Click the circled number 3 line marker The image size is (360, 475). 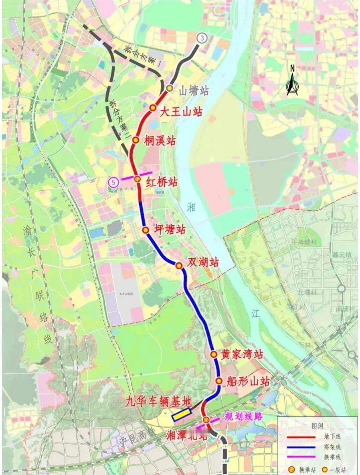(x=202, y=38)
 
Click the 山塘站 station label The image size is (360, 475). (x=194, y=91)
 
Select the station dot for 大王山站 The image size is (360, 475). (x=153, y=107)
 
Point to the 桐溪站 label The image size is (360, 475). (x=160, y=141)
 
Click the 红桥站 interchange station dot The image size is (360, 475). (x=137, y=179)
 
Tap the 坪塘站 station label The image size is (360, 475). (x=170, y=230)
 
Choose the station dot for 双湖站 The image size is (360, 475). (x=179, y=265)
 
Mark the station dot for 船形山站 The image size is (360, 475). (x=218, y=381)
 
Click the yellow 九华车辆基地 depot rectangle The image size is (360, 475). (x=182, y=414)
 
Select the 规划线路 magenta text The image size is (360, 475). (x=243, y=416)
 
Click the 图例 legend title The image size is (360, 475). (x=317, y=426)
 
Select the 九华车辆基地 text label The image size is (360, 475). (x=159, y=401)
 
